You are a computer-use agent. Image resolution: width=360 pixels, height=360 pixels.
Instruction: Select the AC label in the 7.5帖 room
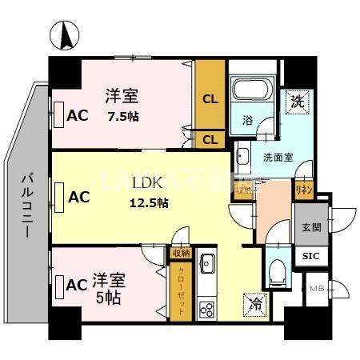[x=78, y=114]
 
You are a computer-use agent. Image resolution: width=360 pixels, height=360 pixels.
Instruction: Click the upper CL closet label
[x=210, y=100]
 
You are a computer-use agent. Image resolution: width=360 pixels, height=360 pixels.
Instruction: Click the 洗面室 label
[x=278, y=158]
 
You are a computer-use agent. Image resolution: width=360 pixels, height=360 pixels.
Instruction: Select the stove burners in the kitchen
[x=207, y=308]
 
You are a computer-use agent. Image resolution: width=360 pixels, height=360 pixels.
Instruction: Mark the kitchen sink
[x=207, y=262]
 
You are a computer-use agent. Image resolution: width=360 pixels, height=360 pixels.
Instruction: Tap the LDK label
[x=149, y=183]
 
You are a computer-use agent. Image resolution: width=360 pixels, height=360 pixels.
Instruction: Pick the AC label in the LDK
[x=78, y=195]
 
